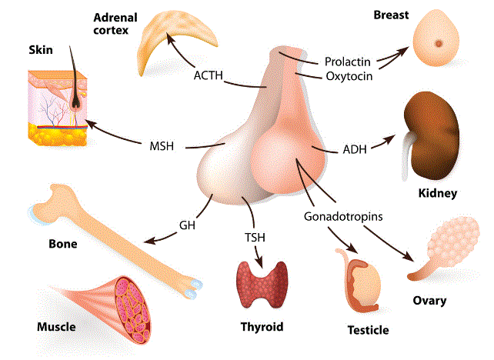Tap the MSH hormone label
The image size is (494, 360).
click(x=164, y=145)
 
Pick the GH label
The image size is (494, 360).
click(x=187, y=225)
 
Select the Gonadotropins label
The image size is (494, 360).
click(x=343, y=216)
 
